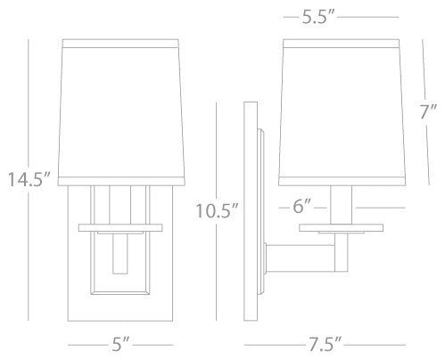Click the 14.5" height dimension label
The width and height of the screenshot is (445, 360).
[29, 179]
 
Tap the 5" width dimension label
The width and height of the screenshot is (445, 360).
[120, 344]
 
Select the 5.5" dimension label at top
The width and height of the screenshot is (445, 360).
[318, 17]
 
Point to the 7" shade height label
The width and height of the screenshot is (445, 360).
[428, 112]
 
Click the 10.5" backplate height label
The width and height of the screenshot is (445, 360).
[217, 210]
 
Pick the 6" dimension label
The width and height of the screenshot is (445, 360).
[301, 206]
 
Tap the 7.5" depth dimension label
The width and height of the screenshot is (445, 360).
[325, 344]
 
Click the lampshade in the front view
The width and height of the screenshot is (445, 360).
[121, 112]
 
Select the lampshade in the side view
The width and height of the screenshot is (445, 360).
[342, 112]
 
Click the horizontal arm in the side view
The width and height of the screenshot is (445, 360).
[301, 258]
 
